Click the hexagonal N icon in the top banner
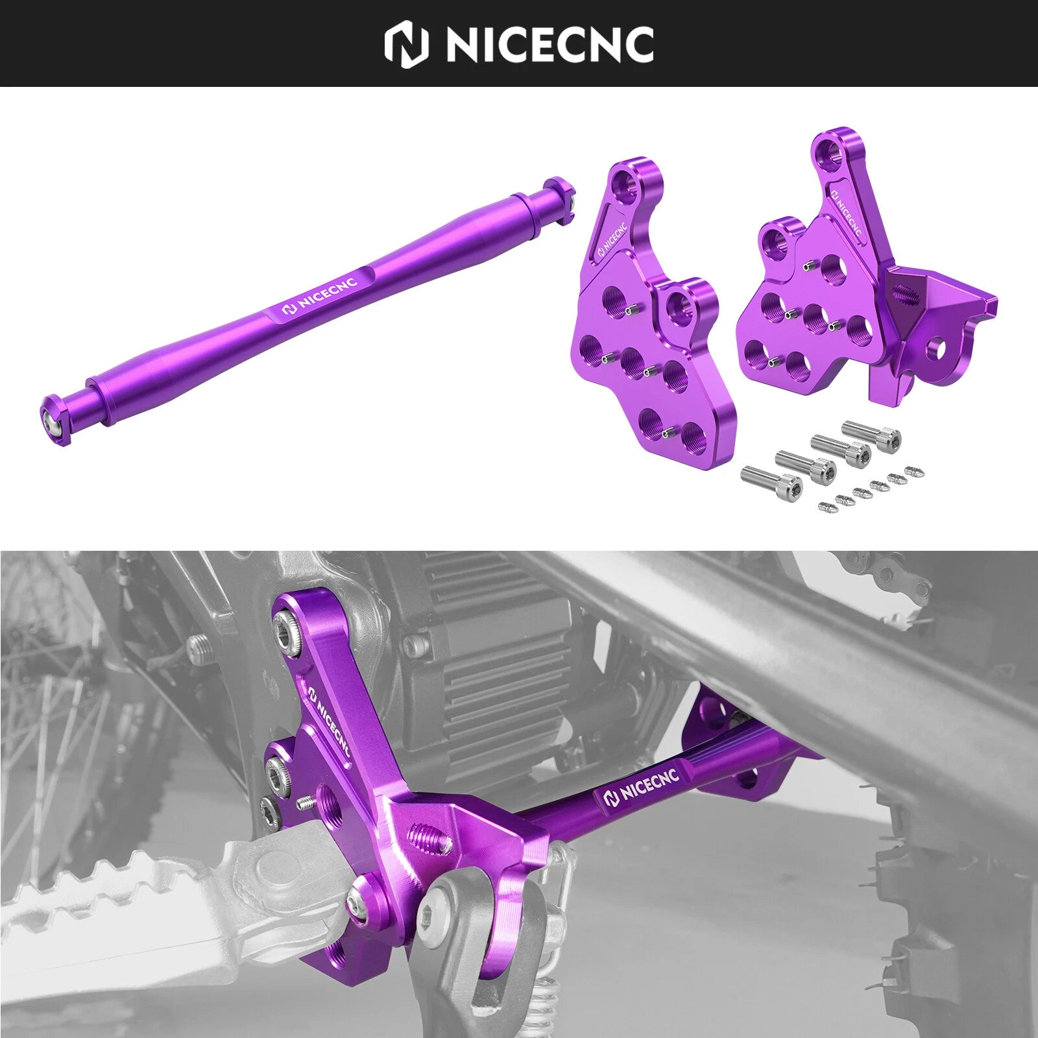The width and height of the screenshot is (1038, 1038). tap(407, 45)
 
